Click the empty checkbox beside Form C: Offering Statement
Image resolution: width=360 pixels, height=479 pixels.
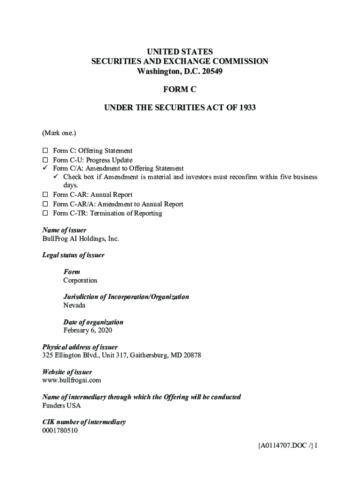pos(45,151)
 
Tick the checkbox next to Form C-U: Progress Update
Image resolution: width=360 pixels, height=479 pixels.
pos(45,160)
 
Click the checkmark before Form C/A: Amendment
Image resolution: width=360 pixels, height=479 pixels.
pos(45,168)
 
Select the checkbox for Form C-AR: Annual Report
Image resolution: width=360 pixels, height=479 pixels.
pos(45,195)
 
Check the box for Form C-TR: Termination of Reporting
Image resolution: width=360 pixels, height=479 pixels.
pos(45,213)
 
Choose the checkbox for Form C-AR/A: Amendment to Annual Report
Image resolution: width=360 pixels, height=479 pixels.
pos(45,204)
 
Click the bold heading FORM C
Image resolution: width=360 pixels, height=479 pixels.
pos(180,90)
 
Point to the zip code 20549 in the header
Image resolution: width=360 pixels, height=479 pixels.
pos(212,72)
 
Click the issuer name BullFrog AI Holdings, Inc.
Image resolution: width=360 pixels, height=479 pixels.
pos(80,239)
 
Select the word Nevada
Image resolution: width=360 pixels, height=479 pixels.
pos(74,305)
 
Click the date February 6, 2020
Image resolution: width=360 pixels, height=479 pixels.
pos(87,330)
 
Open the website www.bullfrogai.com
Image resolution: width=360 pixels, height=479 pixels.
pos(72,380)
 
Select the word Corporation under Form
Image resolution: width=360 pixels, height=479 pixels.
pos(80,281)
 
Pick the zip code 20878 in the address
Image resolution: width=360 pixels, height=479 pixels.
pos(191,356)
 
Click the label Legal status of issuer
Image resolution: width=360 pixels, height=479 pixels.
pos(73,255)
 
